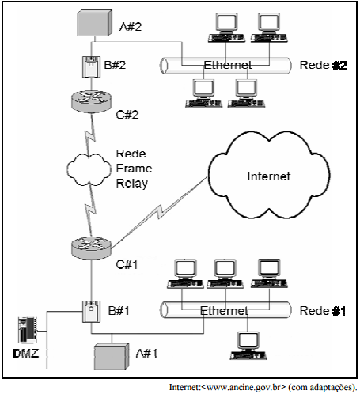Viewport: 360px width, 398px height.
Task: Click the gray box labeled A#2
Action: coord(94,23)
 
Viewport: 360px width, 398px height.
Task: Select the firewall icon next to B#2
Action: coord(91,66)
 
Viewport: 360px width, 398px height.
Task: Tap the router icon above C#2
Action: coord(91,101)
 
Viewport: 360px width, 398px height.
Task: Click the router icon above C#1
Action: coord(91,248)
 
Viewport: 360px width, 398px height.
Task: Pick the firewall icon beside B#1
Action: coord(91,312)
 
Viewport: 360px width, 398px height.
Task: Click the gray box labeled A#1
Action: coord(112,357)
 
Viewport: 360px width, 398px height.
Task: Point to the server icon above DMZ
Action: coord(28,330)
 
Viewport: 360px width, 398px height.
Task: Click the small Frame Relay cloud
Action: coord(89,169)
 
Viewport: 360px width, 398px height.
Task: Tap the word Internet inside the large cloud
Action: coord(269,176)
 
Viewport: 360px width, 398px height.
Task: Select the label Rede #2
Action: coord(323,65)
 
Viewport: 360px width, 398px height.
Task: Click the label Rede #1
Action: coord(323,311)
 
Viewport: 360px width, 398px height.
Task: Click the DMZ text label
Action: coord(26,354)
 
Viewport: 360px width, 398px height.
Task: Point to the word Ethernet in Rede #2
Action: coord(228,65)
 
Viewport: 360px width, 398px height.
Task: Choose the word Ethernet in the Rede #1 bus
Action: coord(224,311)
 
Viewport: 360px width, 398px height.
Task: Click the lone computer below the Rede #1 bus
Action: coord(248,346)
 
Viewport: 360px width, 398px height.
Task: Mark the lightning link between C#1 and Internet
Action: coord(159,212)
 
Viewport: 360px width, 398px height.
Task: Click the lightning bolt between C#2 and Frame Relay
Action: coord(90,135)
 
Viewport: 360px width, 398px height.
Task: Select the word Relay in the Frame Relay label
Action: coord(132,184)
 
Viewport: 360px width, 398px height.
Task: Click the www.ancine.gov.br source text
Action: coord(244,387)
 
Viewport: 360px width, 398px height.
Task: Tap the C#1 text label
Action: coord(127,265)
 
